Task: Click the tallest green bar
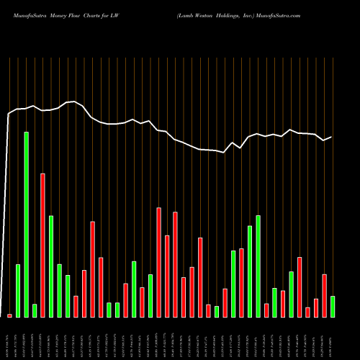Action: pos(26,225)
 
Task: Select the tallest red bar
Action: pos(42,246)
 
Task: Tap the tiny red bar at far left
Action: pos(9,315)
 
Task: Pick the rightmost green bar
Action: pos(333,307)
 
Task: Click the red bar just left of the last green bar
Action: pos(324,296)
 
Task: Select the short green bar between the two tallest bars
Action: pos(35,310)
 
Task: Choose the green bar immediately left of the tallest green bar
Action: pos(18,291)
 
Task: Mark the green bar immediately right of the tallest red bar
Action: pos(51,266)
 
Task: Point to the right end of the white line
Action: pos(331,137)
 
